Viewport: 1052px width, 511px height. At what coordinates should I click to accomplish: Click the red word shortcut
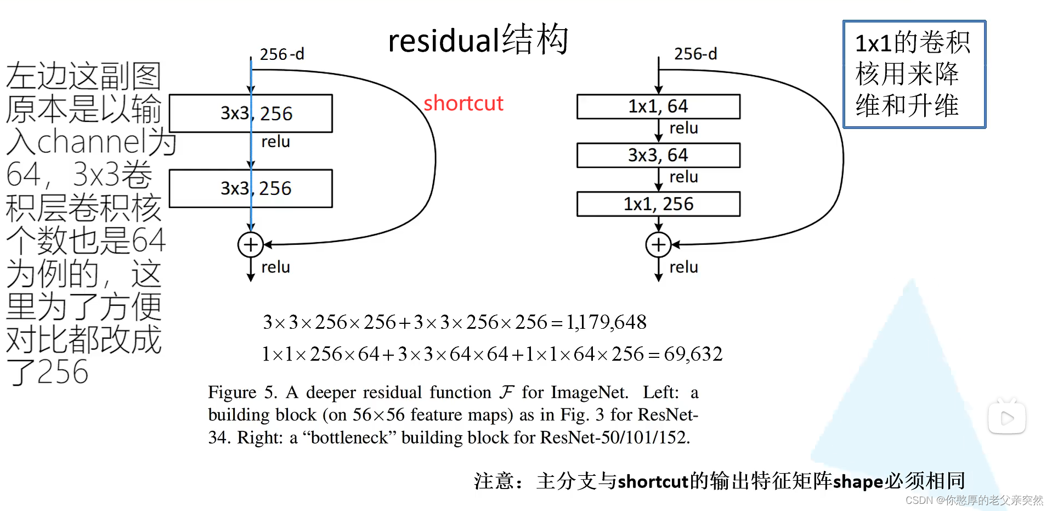coord(463,103)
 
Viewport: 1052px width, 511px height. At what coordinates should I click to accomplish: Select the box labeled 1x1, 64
coord(658,106)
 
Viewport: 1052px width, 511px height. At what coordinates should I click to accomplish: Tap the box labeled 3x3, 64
coord(658,155)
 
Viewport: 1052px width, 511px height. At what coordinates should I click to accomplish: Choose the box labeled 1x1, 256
coord(658,204)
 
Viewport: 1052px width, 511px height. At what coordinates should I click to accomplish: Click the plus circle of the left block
coord(250,245)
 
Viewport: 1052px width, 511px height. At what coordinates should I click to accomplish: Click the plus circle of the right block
coord(658,245)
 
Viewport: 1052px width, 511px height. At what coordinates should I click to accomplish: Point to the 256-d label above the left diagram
coord(281,54)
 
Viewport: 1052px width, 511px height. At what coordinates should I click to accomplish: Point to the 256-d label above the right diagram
coord(695,54)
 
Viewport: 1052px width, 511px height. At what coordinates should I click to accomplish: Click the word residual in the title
coord(443,41)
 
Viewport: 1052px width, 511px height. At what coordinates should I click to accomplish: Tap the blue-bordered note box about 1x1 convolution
coord(914,74)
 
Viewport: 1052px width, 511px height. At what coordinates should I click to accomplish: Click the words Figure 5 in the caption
coord(241,392)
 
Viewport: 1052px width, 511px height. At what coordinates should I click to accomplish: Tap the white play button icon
coord(1006,418)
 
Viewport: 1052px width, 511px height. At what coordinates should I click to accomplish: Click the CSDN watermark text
coord(974,500)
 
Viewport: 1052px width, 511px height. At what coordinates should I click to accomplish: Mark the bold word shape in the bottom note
coord(858,481)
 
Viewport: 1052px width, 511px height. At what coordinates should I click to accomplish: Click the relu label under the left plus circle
coord(275,267)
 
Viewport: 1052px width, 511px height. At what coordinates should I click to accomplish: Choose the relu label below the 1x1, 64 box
coord(683,128)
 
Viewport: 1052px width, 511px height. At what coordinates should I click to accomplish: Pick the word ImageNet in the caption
coord(589,392)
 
